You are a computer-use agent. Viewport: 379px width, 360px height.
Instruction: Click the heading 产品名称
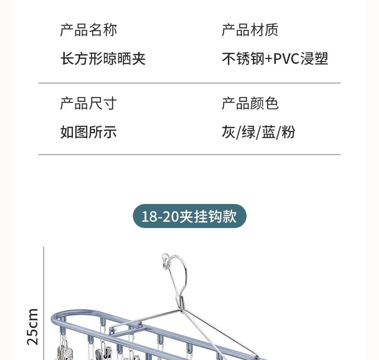[88, 30]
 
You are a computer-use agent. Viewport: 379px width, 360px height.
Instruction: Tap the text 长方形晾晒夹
[103, 59]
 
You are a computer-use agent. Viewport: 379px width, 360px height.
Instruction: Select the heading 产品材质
[250, 30]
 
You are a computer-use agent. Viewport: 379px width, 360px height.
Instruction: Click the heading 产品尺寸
[88, 104]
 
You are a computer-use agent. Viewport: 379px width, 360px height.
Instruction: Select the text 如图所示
[88, 132]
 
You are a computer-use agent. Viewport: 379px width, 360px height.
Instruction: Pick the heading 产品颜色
[250, 104]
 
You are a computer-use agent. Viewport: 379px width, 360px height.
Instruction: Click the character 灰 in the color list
[228, 132]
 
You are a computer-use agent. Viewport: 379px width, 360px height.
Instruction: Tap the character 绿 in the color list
[249, 132]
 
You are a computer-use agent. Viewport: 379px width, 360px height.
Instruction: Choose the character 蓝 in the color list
[269, 132]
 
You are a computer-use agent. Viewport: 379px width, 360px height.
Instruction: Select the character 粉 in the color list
[288, 132]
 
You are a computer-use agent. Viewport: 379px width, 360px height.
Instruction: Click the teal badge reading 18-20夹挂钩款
[189, 216]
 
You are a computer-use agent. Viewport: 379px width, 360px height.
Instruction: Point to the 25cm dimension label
[32, 326]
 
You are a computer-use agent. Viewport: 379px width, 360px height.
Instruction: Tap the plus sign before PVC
[269, 59]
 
